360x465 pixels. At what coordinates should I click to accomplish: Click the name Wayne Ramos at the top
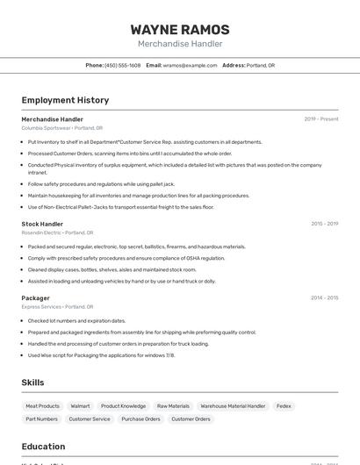pos(180,29)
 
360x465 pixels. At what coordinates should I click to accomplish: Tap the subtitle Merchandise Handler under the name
pos(180,44)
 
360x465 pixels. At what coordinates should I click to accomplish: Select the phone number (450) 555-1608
pos(122,66)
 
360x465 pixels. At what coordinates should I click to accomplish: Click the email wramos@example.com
pos(190,66)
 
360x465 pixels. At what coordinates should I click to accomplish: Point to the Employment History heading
pos(65,100)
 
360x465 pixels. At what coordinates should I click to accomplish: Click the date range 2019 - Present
pos(320,118)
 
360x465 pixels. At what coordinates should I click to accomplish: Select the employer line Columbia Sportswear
pos(61,128)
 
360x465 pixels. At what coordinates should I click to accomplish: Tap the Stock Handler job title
pos(42,224)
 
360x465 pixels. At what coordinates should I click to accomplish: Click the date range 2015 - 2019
pos(324,224)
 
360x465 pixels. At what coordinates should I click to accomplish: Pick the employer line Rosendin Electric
pos(57,233)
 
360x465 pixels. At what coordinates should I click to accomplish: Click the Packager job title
pos(35,298)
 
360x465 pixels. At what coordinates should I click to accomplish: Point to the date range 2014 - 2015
pos(324,298)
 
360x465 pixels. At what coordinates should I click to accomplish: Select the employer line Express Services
pos(57,307)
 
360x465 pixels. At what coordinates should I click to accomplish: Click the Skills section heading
pos(33,383)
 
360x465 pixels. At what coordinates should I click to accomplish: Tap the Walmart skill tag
pos(80,406)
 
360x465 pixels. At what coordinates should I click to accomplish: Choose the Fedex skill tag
pos(284,406)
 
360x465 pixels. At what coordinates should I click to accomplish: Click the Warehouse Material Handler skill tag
pos(233,406)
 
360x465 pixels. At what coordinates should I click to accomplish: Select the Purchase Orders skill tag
pos(140,419)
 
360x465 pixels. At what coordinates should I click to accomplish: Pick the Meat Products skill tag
pos(42,406)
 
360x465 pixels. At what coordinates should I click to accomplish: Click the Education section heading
pos(43,447)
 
